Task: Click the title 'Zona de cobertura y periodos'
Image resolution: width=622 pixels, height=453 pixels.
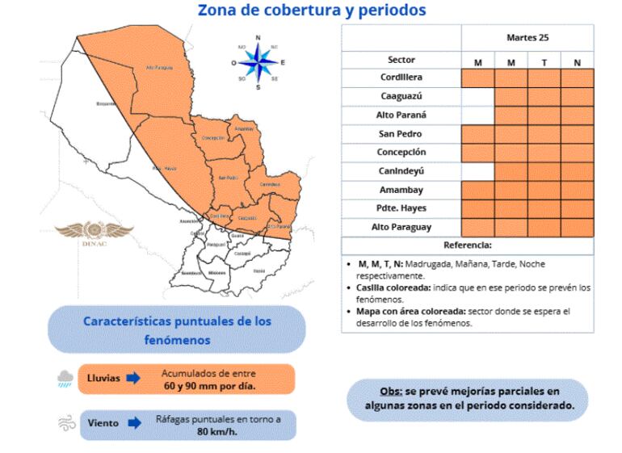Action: pos(312,10)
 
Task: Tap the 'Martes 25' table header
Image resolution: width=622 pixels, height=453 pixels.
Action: pos(527,37)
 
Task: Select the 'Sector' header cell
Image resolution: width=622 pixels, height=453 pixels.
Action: pos(401,60)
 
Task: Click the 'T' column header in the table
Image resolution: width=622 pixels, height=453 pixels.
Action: pos(544,61)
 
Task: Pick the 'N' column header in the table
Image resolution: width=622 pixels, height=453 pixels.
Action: pos(577,61)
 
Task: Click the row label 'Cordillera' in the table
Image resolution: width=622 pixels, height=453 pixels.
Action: pos(401,78)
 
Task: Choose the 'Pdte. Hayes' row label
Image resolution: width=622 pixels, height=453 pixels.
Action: pos(401,208)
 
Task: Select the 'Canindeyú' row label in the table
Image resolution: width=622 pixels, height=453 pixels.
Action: pos(401,171)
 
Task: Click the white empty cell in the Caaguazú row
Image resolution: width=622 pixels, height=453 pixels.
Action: pos(477,97)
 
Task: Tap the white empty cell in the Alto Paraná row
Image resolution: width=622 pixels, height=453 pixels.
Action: pos(477,115)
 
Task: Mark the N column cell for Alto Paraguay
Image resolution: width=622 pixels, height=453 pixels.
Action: pos(577,228)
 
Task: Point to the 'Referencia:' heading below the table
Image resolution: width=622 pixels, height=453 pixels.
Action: pos(467,245)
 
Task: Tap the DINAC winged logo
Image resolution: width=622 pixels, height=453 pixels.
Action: pos(100,231)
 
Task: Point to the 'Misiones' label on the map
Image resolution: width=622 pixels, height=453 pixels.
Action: pos(216,273)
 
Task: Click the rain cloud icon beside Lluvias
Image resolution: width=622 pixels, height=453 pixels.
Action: pos(65,378)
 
